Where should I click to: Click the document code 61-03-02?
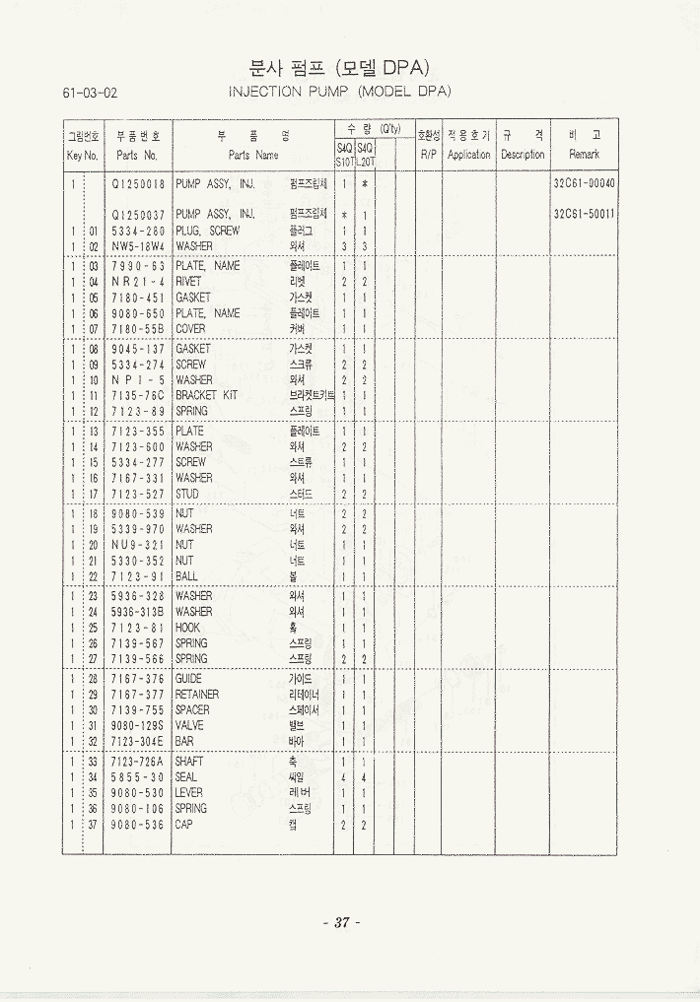(90, 94)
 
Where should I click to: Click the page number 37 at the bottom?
(342, 923)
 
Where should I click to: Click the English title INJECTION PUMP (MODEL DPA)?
(339, 92)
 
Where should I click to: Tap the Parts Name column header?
(253, 155)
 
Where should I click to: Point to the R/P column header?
(428, 155)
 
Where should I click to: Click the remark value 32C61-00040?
(585, 183)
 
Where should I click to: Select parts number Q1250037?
(138, 215)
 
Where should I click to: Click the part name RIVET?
(188, 282)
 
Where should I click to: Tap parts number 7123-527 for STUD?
(138, 494)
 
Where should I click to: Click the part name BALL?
(186, 576)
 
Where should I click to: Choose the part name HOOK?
(187, 628)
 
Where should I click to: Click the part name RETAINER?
(197, 695)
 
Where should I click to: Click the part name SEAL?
(186, 777)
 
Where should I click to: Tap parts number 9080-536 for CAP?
(138, 825)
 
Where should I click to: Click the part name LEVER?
(188, 793)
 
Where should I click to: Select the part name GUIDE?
(188, 679)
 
